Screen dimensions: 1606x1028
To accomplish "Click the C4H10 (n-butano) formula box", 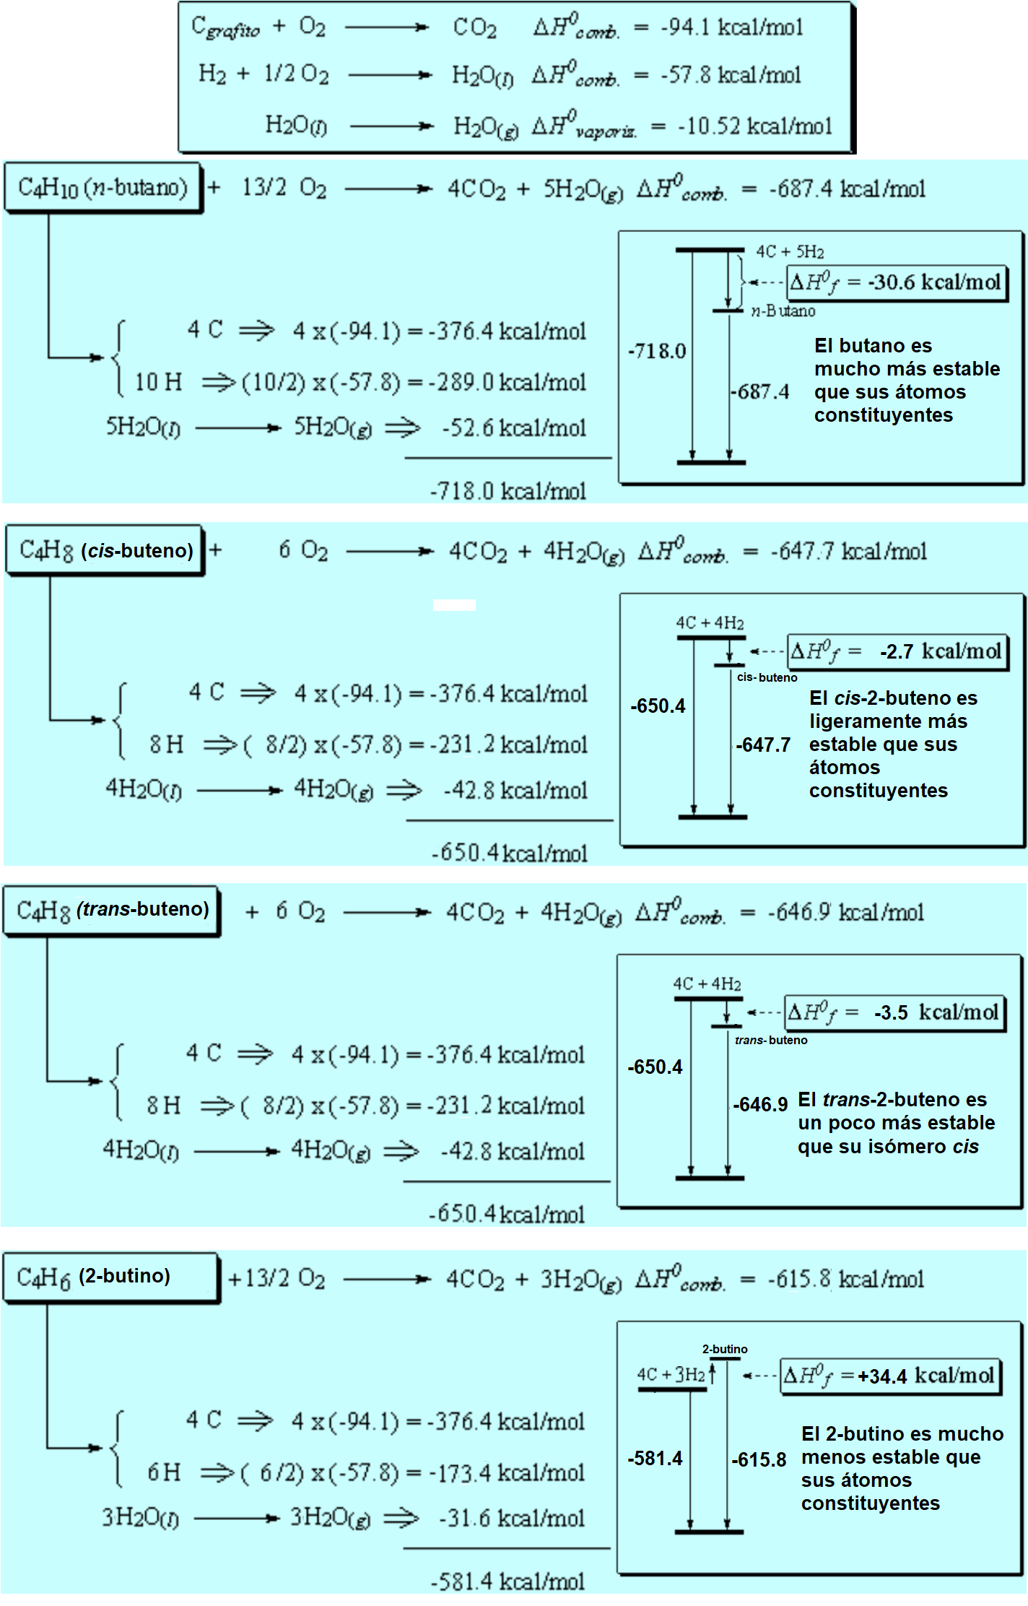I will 103,188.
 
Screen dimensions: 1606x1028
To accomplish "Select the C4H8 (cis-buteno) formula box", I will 105,550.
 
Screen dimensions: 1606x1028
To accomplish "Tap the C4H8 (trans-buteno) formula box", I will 112,910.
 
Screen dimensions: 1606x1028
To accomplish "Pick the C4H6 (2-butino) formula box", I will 110,1277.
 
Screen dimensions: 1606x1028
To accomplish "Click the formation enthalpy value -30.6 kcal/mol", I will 897,282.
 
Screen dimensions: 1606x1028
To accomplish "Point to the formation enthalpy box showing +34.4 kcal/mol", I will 891,1375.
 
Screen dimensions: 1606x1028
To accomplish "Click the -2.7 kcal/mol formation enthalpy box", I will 897,651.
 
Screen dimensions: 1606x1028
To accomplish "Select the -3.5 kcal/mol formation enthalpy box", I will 894,1012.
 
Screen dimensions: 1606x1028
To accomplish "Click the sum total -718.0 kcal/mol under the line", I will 508,491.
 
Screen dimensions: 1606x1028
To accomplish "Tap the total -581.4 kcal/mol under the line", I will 508,1581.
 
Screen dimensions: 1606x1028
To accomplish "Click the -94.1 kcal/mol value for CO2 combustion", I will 731,27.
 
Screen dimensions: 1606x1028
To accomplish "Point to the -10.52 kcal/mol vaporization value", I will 754,126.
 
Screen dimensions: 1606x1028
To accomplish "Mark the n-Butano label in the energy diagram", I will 783,311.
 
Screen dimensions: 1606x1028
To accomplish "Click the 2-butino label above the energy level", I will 725,1349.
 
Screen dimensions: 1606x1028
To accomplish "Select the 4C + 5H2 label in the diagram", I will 790,252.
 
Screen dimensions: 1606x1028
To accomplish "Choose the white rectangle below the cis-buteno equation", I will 454,605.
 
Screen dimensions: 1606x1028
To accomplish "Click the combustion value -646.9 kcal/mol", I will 845,913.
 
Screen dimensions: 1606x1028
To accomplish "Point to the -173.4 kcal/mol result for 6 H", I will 506,1472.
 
